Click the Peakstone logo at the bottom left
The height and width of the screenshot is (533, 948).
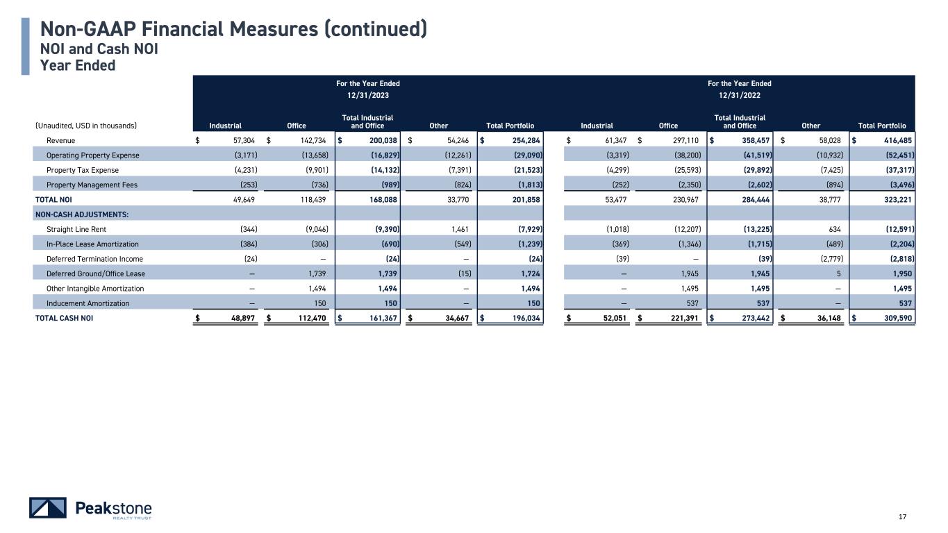click(90, 508)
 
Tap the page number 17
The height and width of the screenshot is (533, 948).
click(903, 516)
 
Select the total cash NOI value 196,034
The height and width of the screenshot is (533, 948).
click(525, 318)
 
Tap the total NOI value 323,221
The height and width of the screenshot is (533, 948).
click(896, 200)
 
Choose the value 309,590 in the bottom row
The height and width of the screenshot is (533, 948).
click(896, 318)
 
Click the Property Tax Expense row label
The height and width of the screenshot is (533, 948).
click(82, 170)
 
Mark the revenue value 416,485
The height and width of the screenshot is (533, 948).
click(896, 140)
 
